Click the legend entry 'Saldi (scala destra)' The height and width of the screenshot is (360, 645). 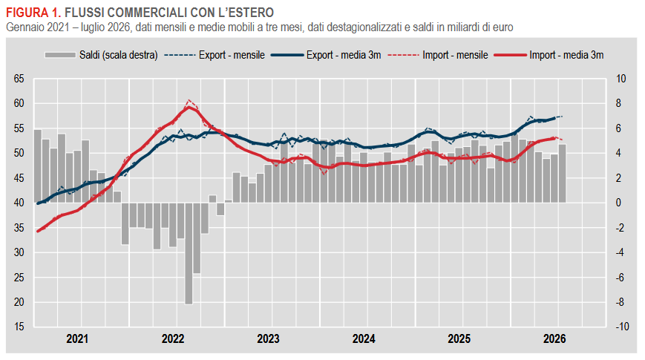(101, 55)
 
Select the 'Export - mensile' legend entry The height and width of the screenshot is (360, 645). (215, 55)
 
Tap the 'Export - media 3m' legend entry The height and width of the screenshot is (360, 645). (326, 55)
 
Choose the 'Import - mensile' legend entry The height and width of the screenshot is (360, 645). (438, 55)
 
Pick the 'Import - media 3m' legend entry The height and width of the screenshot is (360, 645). (549, 55)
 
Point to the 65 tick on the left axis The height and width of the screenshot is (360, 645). (19, 79)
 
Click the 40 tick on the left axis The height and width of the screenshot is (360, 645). (19, 203)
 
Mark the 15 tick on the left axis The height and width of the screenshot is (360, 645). (19, 327)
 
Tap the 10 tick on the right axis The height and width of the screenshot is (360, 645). (621, 79)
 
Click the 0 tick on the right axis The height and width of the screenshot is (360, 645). (618, 203)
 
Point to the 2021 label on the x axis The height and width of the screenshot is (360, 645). (77, 339)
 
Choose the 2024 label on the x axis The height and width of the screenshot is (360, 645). (364, 339)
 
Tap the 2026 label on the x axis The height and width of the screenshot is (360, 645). (554, 339)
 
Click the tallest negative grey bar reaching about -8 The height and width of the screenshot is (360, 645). (189, 253)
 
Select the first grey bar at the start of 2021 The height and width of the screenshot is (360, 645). (37, 166)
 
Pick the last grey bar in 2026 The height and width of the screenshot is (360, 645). (562, 174)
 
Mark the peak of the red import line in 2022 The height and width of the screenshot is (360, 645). (189, 107)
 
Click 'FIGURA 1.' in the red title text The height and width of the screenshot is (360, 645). (33, 13)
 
